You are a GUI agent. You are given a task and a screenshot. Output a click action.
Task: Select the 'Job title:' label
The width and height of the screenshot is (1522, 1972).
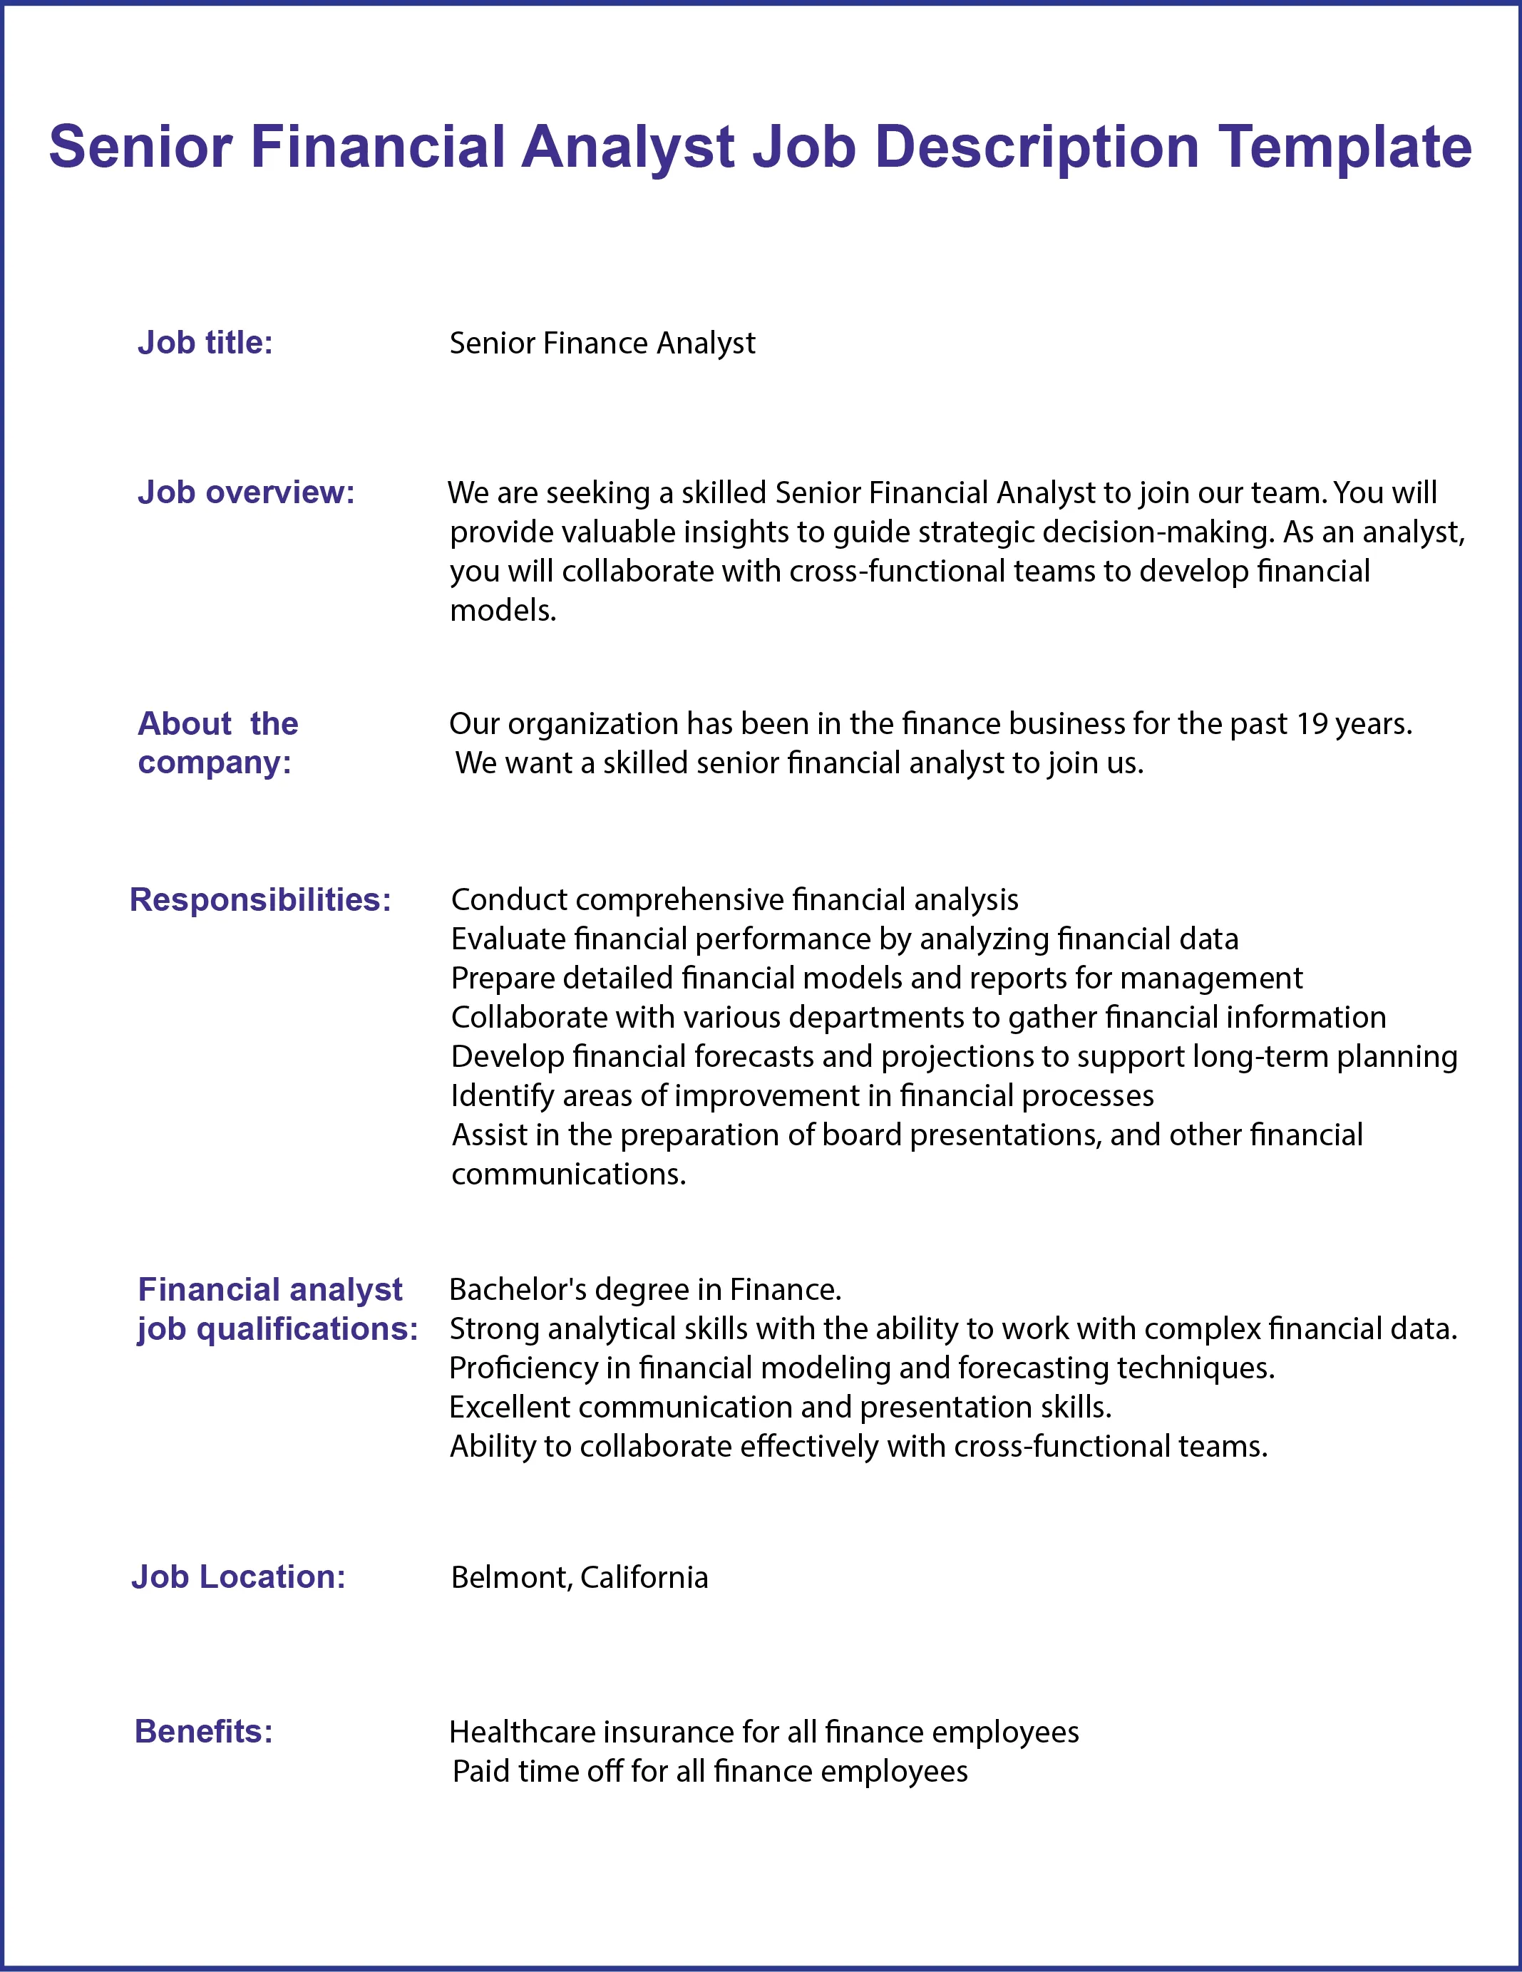click(x=205, y=343)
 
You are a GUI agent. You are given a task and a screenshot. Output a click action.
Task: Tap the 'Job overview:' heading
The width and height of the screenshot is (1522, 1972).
click(x=246, y=492)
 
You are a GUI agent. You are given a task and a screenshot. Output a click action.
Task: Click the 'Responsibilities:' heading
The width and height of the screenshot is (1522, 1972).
click(x=260, y=899)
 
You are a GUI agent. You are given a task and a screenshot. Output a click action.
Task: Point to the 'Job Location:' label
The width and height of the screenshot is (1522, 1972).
click(x=239, y=1576)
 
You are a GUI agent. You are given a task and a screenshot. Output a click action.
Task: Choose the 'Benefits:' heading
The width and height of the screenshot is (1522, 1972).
click(x=203, y=1731)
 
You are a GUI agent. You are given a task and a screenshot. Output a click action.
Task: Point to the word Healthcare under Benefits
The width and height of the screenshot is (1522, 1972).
click(x=521, y=1732)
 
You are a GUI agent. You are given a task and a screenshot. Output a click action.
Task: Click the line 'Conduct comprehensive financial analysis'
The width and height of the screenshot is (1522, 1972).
click(x=734, y=899)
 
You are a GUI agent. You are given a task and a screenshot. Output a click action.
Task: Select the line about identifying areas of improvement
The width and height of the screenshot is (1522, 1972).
click(x=802, y=1095)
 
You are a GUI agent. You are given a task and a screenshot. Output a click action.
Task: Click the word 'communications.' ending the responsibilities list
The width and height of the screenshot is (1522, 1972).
click(x=569, y=1174)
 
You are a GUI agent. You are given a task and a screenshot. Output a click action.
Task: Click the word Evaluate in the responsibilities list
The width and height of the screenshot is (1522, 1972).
click(x=508, y=939)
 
